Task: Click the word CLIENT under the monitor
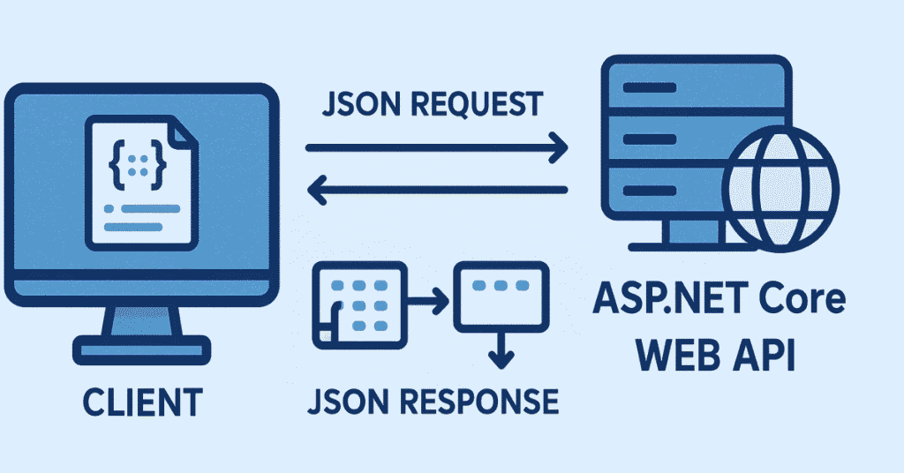tap(142, 402)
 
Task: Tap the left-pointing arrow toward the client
tap(437, 189)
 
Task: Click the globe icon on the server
tap(780, 190)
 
